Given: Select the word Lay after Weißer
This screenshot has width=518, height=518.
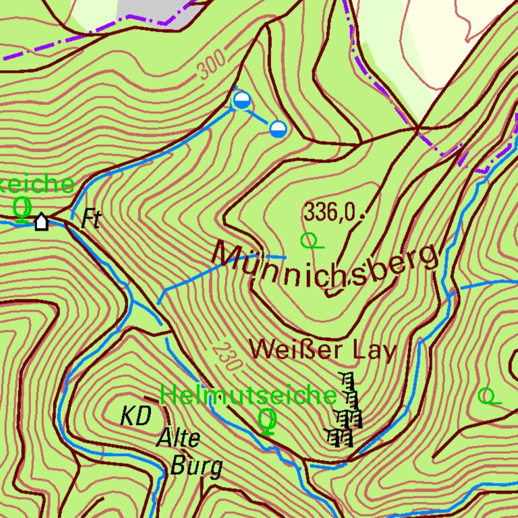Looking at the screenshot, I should [373, 351].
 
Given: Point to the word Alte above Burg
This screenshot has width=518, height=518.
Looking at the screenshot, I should [179, 439].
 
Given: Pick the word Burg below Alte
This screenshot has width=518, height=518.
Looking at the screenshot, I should [196, 466].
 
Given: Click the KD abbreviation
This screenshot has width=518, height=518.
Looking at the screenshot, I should [136, 416].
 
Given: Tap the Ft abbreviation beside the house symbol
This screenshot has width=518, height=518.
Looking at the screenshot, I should [91, 219].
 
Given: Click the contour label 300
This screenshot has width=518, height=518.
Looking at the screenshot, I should [212, 68].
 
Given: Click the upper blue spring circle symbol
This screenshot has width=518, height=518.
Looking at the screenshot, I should [241, 101].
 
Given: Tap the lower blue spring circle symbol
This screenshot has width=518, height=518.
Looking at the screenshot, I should [278, 128].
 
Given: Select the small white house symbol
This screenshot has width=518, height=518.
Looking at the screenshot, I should [42, 221].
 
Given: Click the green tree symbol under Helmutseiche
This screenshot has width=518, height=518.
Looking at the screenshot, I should [268, 420].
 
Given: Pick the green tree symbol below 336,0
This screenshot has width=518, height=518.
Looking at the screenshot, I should [309, 239].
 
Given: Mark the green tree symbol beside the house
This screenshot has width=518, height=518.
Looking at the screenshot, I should [22, 209].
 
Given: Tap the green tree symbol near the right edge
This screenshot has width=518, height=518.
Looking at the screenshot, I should [488, 397].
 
